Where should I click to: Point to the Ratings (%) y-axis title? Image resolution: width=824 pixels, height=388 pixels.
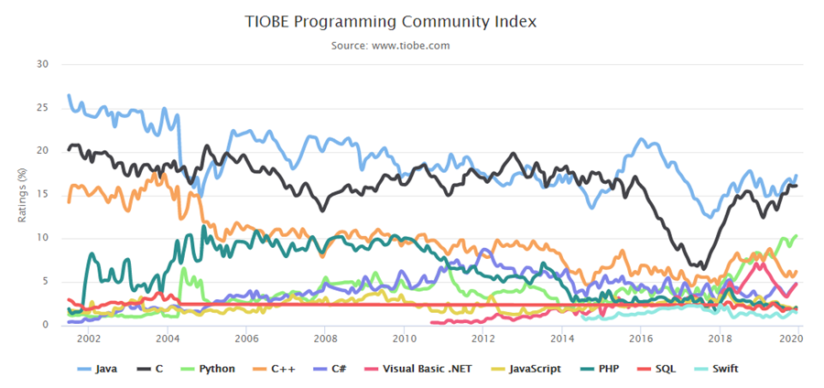pyautogui.click(x=22, y=194)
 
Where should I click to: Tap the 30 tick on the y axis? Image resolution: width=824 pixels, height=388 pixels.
pyautogui.click(x=42, y=64)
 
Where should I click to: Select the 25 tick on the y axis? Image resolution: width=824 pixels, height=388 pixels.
pyautogui.click(x=42, y=108)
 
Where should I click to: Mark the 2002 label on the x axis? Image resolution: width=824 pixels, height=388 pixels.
pyautogui.click(x=89, y=339)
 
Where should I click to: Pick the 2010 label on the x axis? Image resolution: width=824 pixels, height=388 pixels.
pyautogui.click(x=403, y=339)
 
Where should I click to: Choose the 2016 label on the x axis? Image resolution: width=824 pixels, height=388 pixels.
pyautogui.click(x=640, y=339)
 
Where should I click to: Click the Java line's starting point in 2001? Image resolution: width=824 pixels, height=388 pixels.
pyautogui.click(x=69, y=95)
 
